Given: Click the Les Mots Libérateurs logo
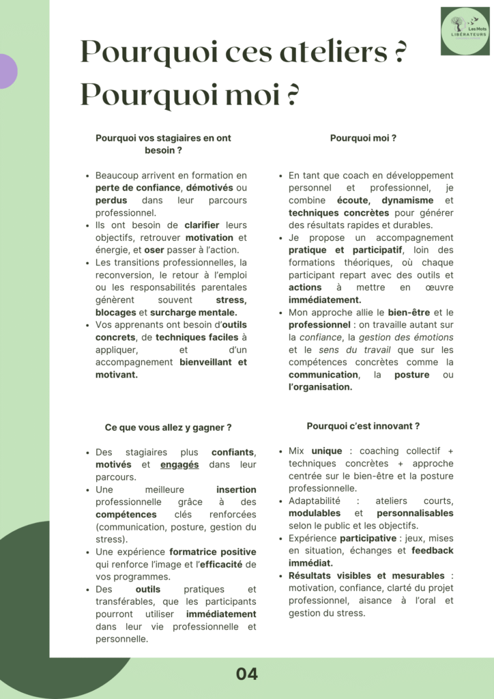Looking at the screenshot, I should [x=465, y=31].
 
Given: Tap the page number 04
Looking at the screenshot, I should [x=247, y=674].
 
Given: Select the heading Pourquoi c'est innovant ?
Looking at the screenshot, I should [x=363, y=426].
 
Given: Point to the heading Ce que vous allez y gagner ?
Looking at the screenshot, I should [x=168, y=427].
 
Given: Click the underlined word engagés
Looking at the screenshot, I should [x=179, y=464].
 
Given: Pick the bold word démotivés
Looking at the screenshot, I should [x=209, y=188].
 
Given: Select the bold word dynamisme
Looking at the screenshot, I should [x=407, y=201].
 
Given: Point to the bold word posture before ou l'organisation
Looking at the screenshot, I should [x=412, y=375].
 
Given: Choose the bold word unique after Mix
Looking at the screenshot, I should [x=327, y=451].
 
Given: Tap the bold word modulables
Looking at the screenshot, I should [x=315, y=513].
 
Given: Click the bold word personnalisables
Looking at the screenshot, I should [x=415, y=513].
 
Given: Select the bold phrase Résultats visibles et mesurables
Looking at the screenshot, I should [x=366, y=575].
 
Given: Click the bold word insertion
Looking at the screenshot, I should [x=236, y=489].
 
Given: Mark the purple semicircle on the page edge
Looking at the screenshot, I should [x=7, y=71].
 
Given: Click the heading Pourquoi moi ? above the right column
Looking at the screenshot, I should [x=363, y=138].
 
